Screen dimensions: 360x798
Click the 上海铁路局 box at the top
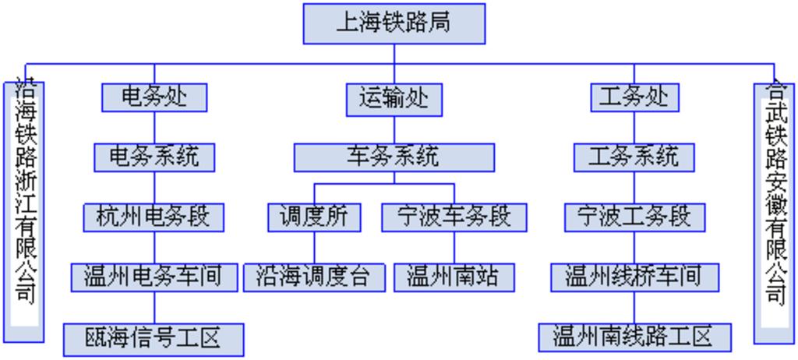point(394,23)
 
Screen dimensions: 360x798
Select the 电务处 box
point(154,97)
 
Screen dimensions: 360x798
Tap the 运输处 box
point(394,99)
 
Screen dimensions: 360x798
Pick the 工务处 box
point(634,97)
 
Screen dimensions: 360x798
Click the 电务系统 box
point(154,157)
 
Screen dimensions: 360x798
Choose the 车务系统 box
point(394,157)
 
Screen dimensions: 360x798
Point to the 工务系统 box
point(634,157)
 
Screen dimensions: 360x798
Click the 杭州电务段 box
point(154,216)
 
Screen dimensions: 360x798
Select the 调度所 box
point(314,217)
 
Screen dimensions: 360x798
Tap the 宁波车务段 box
point(454,217)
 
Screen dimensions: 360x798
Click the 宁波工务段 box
point(634,216)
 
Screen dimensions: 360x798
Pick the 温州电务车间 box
point(154,276)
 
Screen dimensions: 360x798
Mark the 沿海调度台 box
point(314,277)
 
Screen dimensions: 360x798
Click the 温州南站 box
point(454,277)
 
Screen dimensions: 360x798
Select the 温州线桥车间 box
point(634,276)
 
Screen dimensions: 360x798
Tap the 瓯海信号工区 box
point(154,338)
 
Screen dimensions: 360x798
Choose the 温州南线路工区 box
point(634,337)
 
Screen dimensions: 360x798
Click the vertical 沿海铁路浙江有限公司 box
point(25,210)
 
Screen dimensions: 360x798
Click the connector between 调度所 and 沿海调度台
point(314,247)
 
